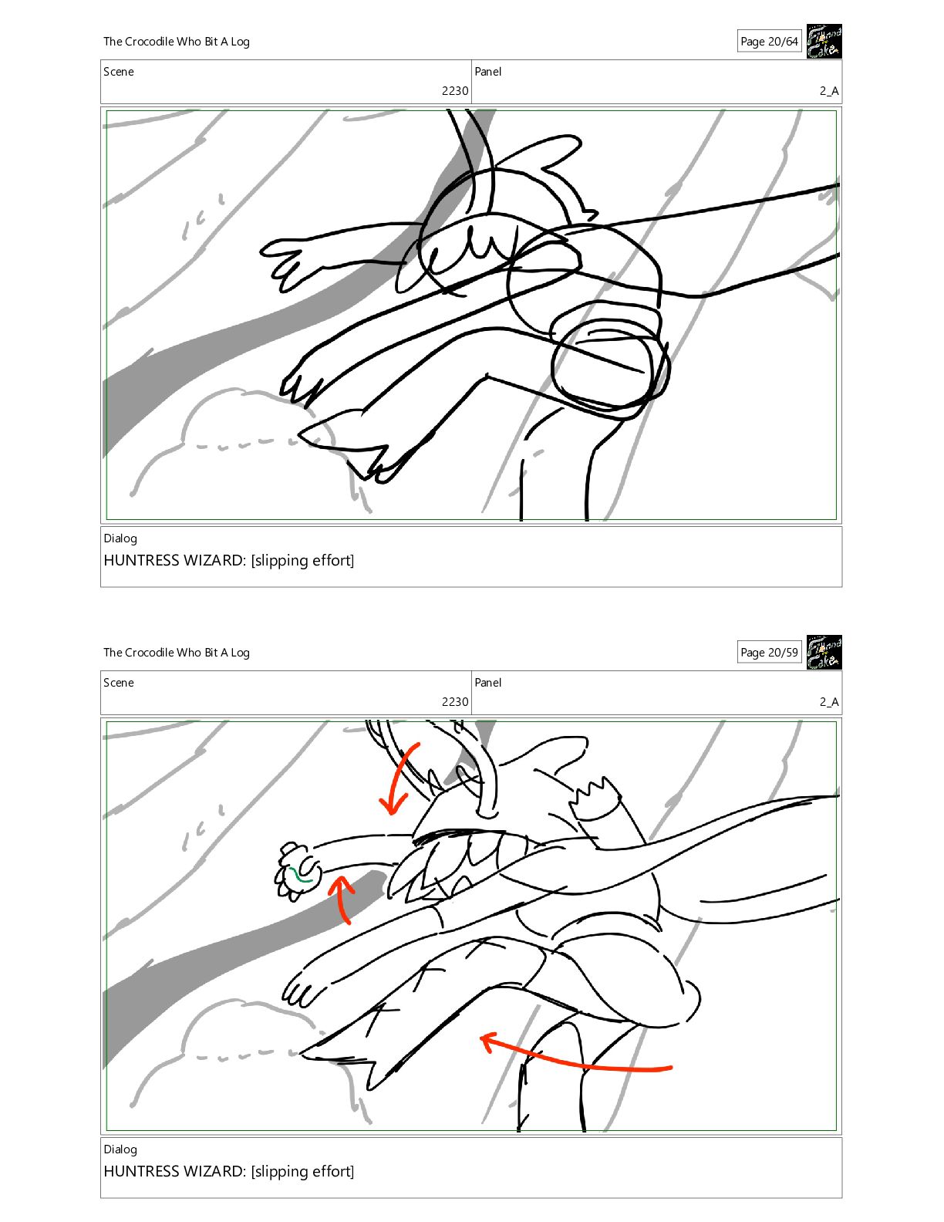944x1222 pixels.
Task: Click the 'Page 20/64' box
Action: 769,41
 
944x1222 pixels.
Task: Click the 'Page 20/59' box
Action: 769,652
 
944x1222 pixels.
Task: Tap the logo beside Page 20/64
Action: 824,41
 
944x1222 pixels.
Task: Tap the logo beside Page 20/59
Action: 824,652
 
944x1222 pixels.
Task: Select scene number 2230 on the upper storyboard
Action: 455,90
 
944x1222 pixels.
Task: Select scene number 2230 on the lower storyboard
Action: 455,701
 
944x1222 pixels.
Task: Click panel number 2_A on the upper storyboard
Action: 829,90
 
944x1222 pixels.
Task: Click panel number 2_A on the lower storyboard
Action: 829,701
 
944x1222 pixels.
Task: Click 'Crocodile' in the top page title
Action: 149,41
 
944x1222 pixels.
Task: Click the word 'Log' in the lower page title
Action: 240,653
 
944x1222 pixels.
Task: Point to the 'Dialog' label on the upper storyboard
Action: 120,538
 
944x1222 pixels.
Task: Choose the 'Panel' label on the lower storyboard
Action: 487,682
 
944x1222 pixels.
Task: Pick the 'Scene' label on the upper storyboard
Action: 119,72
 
